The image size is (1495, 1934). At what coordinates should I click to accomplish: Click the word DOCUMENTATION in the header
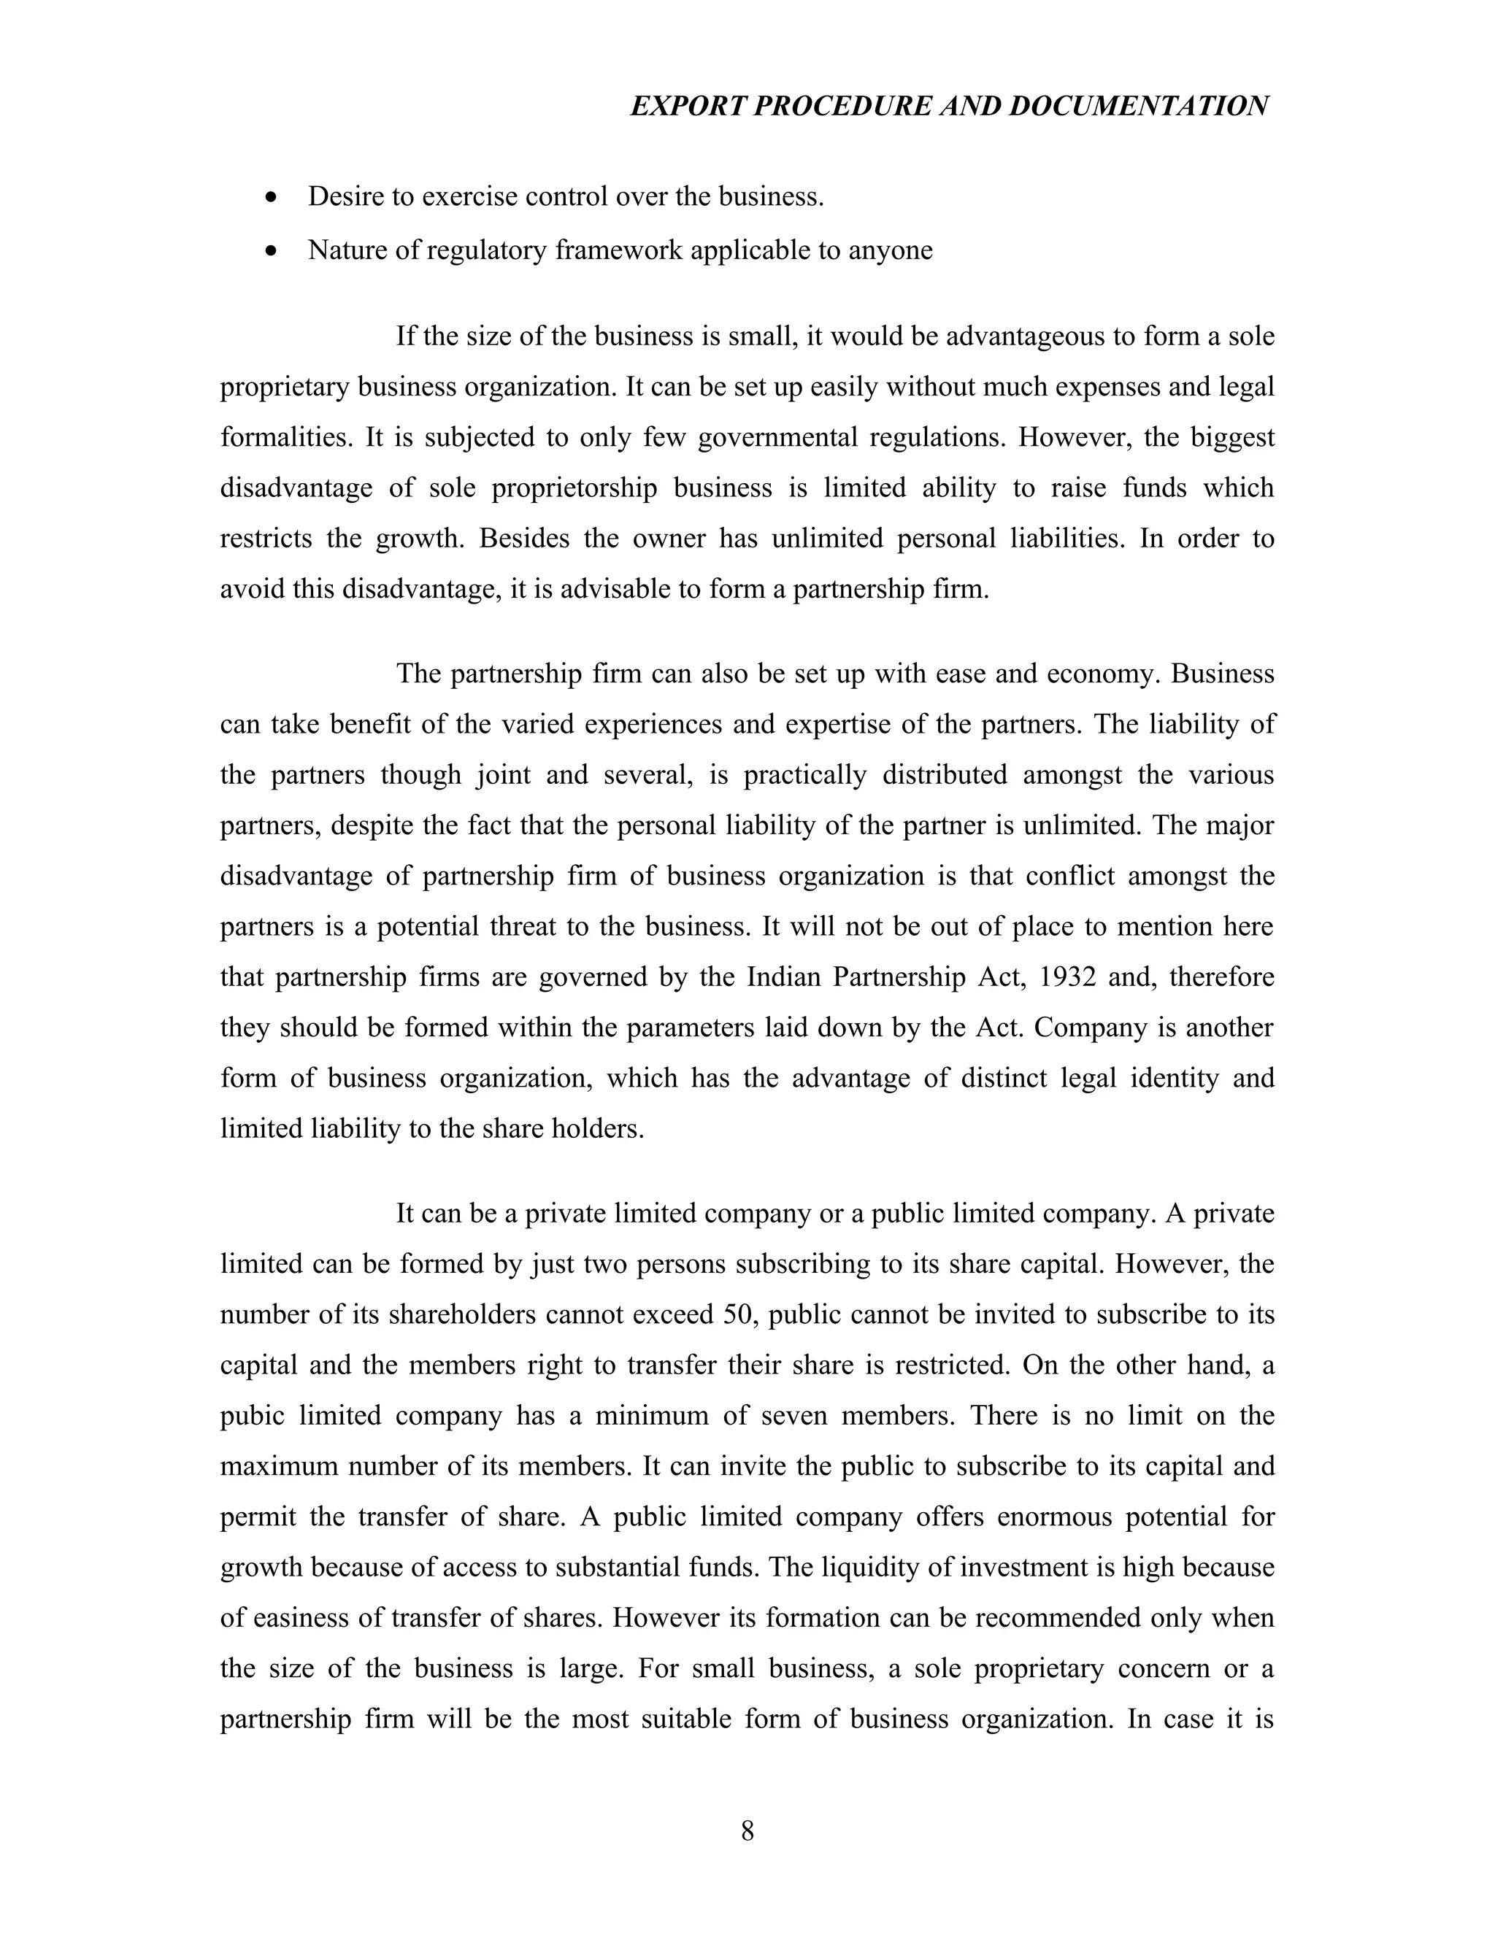click(1138, 107)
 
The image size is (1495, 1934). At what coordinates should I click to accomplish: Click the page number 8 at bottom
click(747, 1830)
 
